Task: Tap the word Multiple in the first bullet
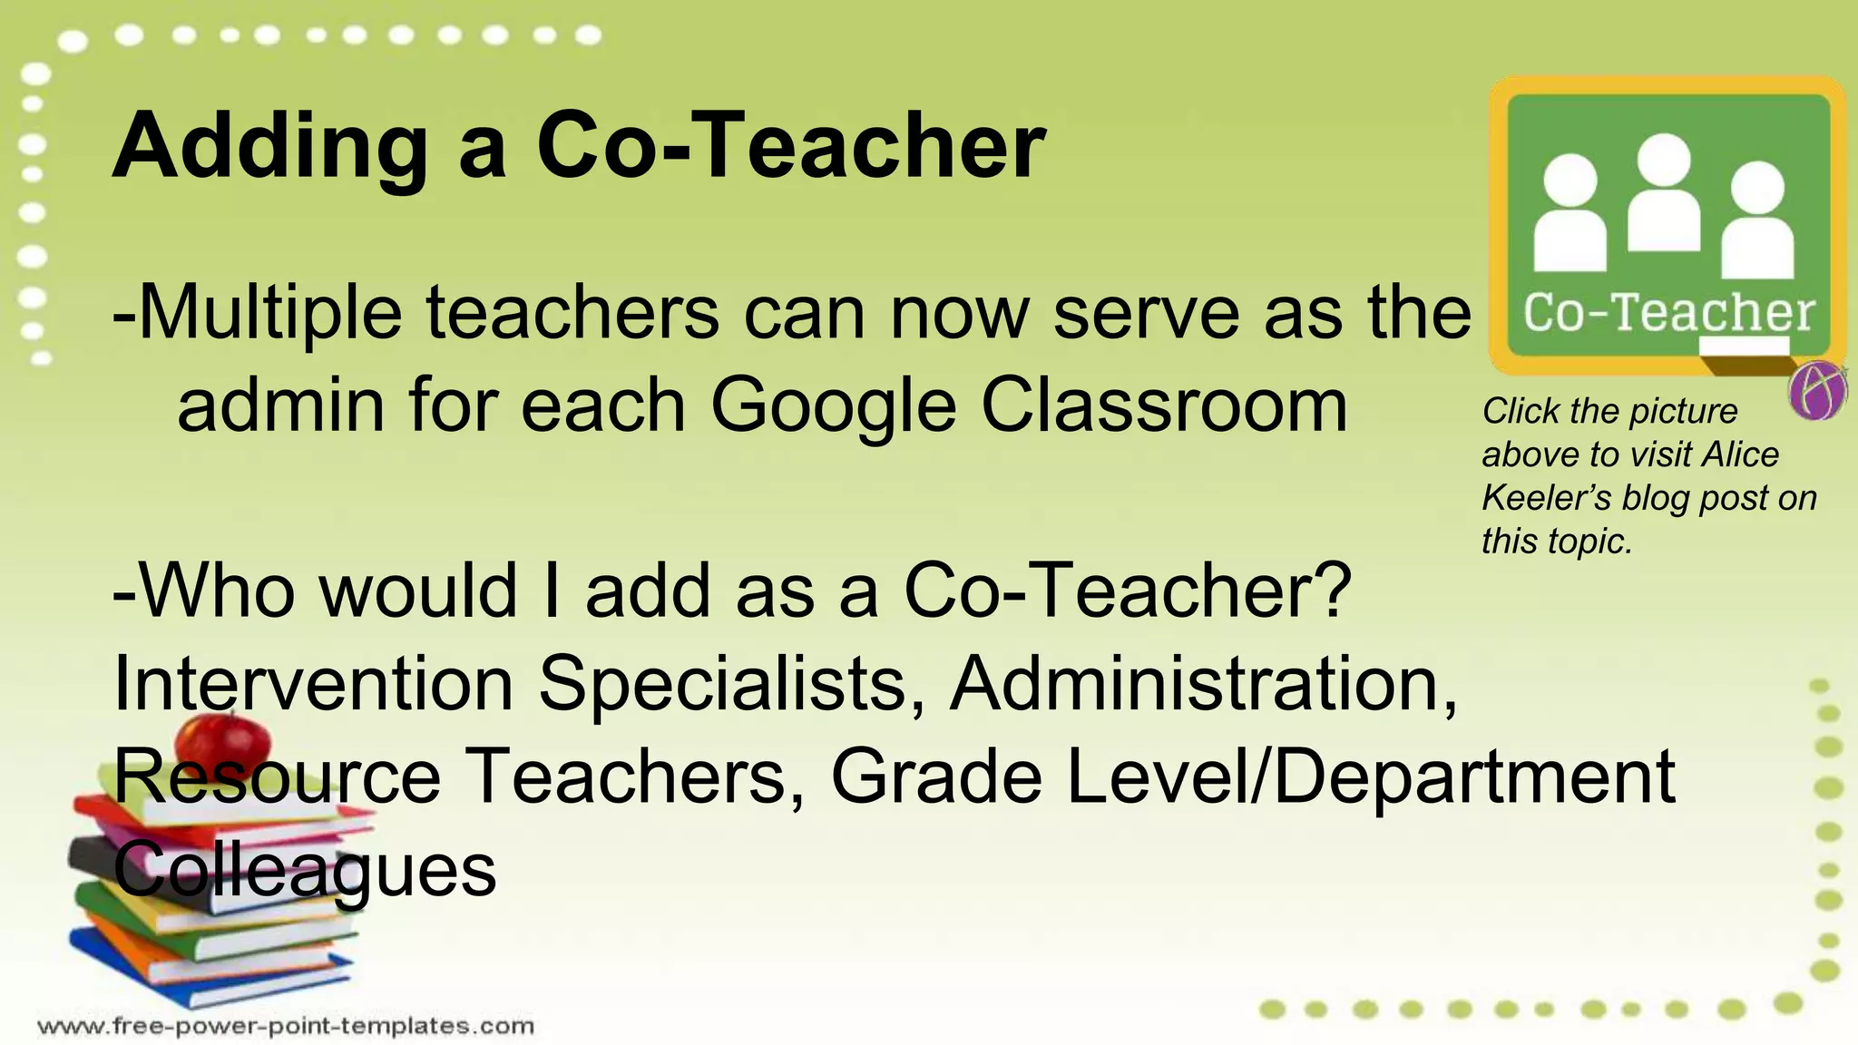click(x=269, y=314)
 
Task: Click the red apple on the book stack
click(x=222, y=737)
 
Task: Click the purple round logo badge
click(x=1817, y=391)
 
